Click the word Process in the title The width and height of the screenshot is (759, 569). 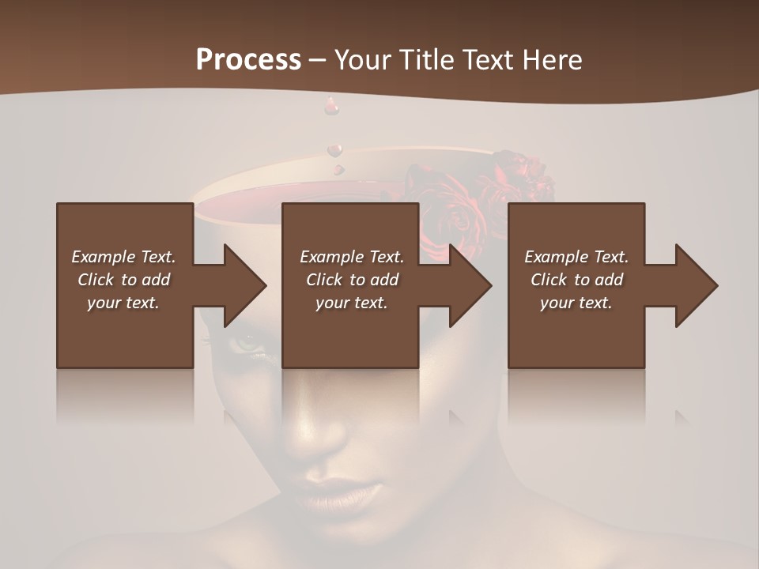tap(248, 60)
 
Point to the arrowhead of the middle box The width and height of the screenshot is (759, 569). tap(470, 285)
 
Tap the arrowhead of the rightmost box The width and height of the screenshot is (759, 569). tap(696, 285)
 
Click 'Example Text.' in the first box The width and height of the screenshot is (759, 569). tap(123, 257)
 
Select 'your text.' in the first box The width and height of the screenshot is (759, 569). tap(123, 303)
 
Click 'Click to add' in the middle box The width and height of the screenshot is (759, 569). tap(352, 280)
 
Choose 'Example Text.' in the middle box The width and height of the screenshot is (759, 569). tap(352, 257)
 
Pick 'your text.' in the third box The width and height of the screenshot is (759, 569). tap(576, 303)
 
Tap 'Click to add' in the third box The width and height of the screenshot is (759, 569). tap(576, 280)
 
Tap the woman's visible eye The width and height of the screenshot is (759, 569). tap(247, 344)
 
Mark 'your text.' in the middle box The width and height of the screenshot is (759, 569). tap(352, 303)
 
